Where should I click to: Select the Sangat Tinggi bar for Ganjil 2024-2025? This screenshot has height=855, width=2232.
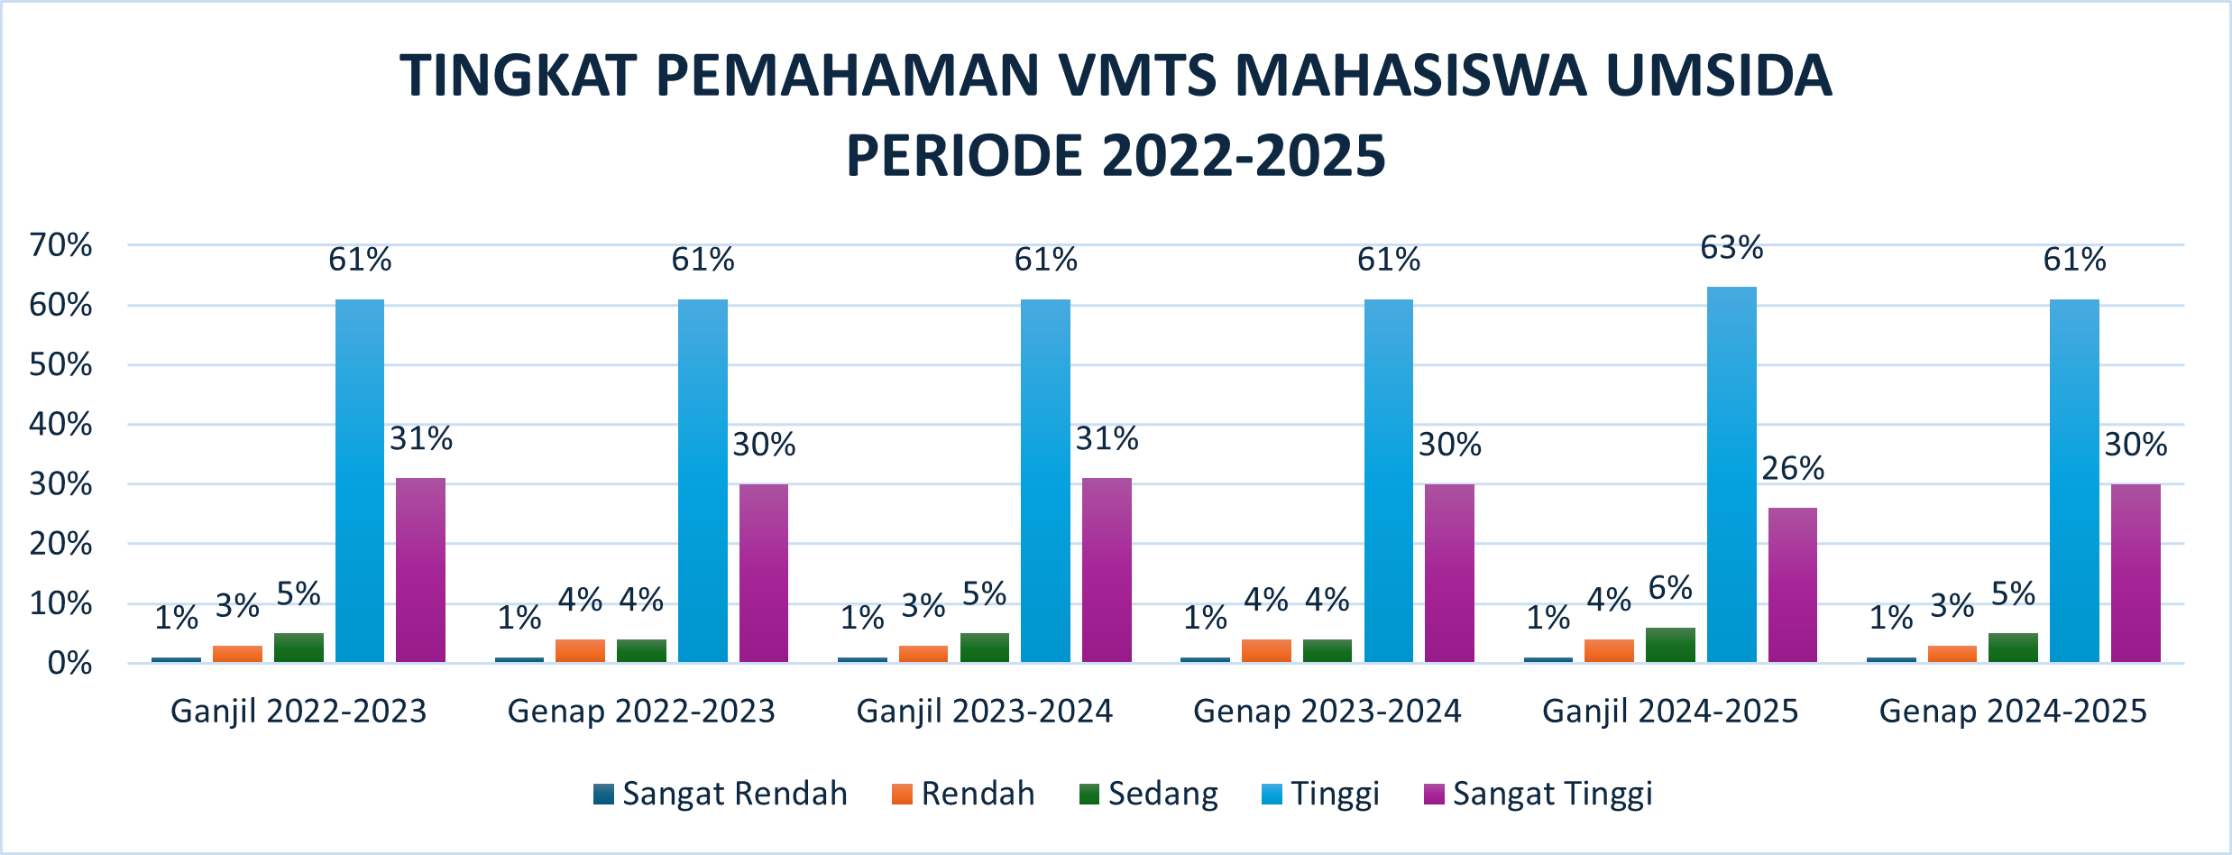tap(1793, 585)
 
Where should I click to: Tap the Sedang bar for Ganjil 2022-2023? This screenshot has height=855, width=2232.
tap(299, 648)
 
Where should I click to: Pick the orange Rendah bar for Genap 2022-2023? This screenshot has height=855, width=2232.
tap(580, 651)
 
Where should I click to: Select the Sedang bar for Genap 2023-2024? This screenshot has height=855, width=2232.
tap(1327, 651)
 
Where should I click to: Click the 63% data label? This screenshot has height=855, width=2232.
tap(1731, 248)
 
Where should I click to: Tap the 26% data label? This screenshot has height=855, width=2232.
tap(1793, 469)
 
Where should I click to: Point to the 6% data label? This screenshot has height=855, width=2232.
tap(1670, 589)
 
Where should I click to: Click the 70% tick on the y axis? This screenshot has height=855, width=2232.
tap(61, 245)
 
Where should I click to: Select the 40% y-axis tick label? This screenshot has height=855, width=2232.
tap(61, 425)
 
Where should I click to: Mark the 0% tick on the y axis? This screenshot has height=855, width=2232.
tap(69, 664)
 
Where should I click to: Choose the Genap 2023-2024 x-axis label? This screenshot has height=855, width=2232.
tap(1327, 712)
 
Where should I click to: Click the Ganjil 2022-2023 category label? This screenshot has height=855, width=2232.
tap(299, 712)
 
